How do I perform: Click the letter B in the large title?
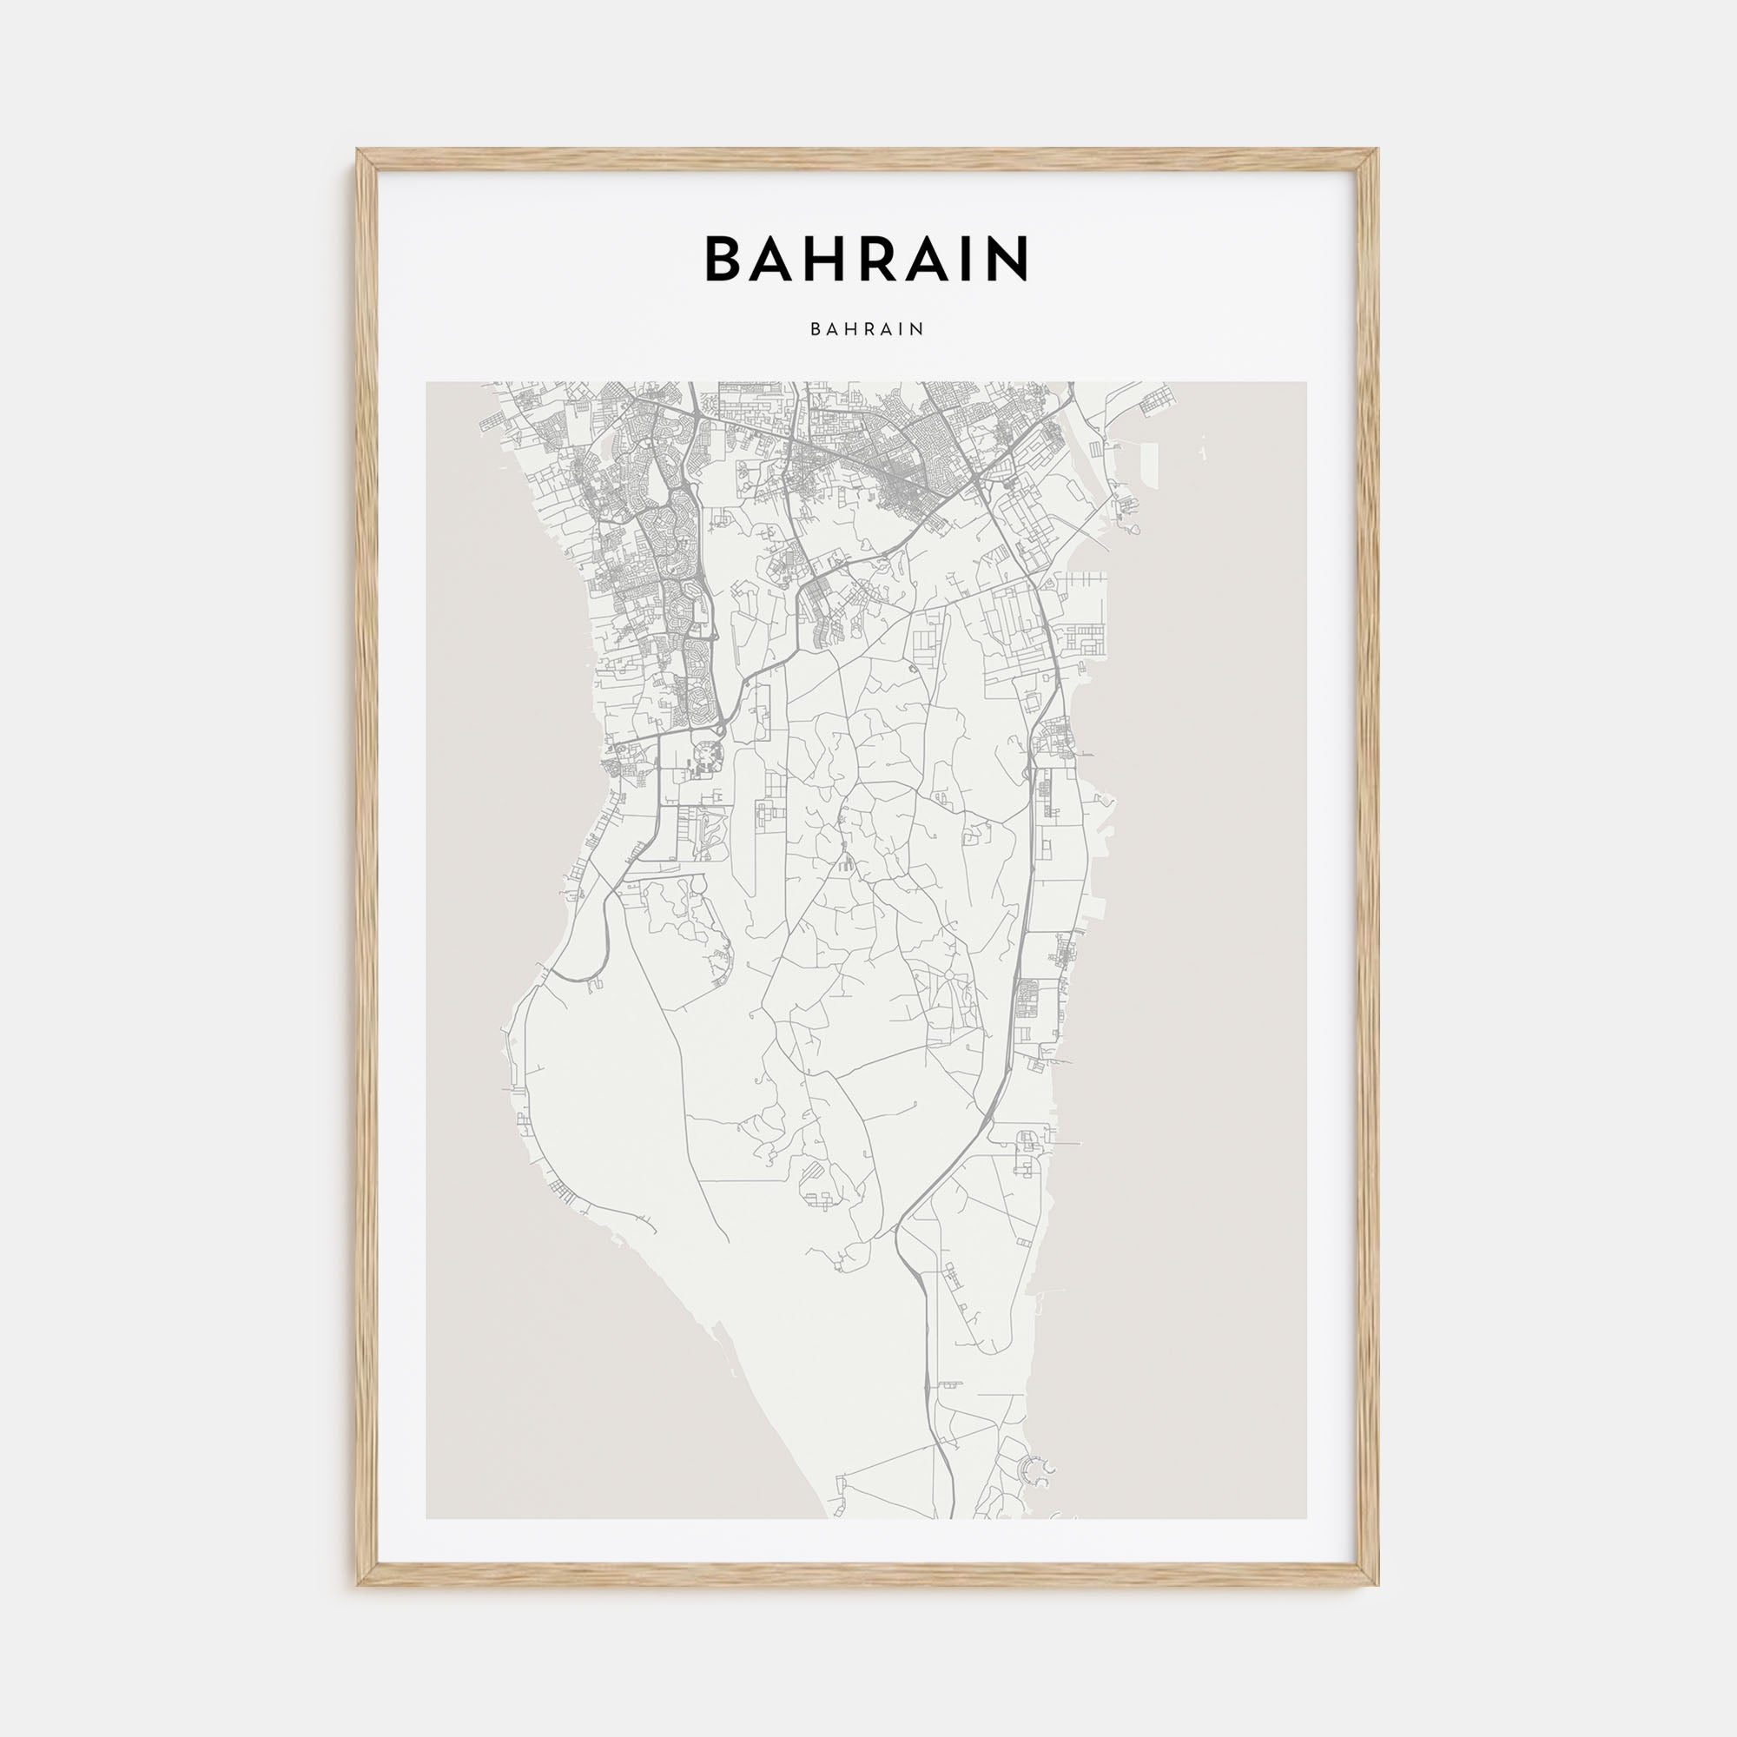[725, 259]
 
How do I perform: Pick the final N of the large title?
[1007, 259]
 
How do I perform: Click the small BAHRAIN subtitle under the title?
[868, 329]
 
